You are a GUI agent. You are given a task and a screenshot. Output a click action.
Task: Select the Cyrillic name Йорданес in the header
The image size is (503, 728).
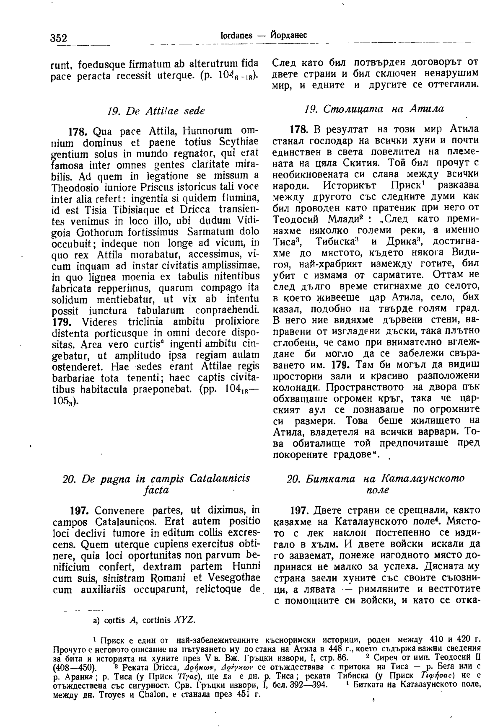288,36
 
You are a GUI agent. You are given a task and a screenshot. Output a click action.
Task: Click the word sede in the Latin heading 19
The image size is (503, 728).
195,111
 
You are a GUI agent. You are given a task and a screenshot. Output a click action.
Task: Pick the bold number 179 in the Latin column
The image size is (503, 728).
63,322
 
